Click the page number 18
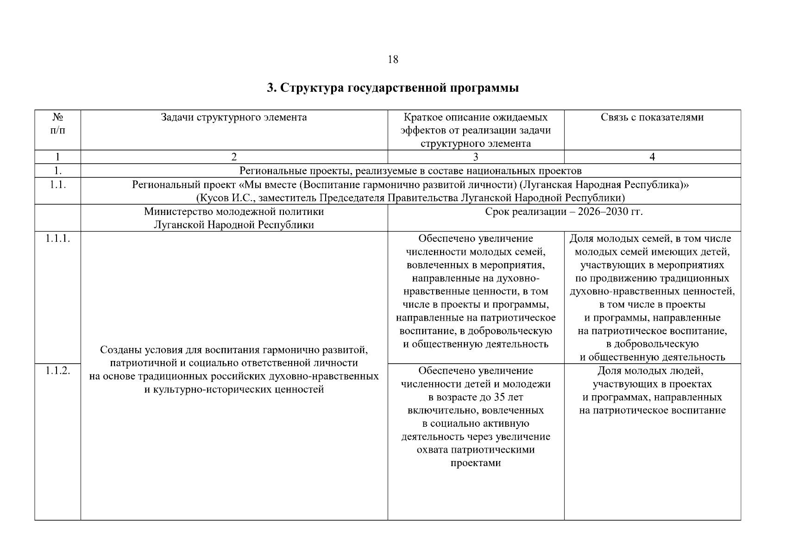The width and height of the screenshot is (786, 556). [x=393, y=60]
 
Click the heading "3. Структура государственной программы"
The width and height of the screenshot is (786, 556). [x=393, y=88]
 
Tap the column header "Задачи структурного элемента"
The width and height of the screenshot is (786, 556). [x=234, y=117]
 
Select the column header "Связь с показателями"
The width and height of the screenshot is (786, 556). [x=652, y=117]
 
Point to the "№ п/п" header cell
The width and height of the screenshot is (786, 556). [x=57, y=124]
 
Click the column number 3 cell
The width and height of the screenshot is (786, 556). [x=476, y=157]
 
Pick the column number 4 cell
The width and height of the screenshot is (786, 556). [x=652, y=157]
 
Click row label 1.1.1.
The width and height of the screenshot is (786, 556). [x=57, y=239]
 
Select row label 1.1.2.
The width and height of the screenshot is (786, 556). [x=57, y=371]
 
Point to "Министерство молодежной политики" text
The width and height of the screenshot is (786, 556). [x=234, y=212]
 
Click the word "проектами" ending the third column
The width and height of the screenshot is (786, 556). [x=476, y=463]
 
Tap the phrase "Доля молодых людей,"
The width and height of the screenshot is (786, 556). [x=652, y=371]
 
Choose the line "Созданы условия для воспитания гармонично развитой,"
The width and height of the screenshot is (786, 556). [x=234, y=349]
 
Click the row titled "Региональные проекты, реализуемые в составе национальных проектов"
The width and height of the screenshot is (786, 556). [x=410, y=171]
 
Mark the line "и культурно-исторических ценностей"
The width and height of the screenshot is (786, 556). [x=234, y=389]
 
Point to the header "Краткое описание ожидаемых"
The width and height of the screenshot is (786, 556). [x=476, y=117]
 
